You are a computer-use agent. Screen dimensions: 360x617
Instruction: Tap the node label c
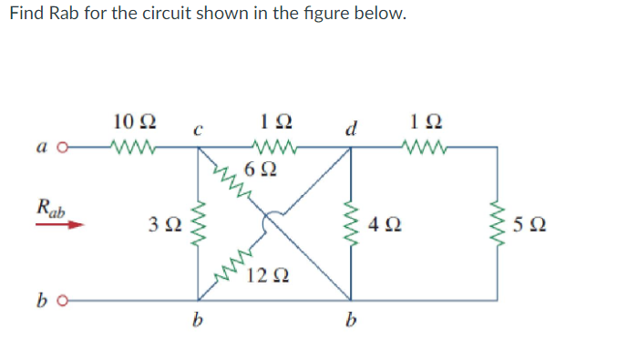(196, 130)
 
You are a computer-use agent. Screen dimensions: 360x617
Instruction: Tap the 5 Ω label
(539, 222)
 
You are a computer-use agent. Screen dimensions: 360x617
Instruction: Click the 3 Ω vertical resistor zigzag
(198, 223)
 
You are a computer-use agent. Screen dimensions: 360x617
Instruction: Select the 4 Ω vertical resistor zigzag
(351, 223)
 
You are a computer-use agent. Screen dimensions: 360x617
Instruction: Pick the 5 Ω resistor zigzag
(498, 223)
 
